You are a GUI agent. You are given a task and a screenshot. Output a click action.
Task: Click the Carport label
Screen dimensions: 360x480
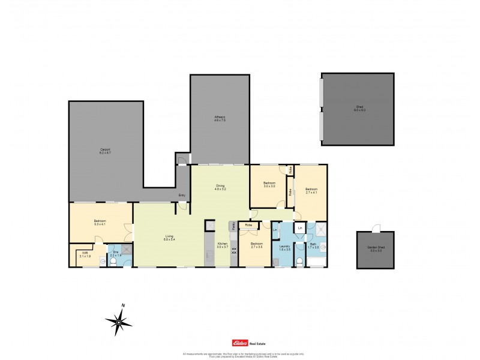pos(105,151)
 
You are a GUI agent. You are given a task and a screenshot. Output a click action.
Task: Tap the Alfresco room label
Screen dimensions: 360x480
pos(220,118)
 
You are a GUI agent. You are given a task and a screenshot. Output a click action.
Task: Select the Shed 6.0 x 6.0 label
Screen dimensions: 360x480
pos(359,109)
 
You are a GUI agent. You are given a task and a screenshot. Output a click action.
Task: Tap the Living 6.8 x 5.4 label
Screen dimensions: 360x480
pos(170,238)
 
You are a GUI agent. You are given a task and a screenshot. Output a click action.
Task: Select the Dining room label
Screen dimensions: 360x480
pos(220,187)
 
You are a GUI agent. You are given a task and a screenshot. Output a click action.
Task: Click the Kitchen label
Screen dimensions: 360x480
pos(222,245)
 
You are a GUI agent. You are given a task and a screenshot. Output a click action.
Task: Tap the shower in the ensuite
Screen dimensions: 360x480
pos(127,250)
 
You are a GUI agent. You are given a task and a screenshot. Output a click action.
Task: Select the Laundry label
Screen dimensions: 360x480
pos(285,247)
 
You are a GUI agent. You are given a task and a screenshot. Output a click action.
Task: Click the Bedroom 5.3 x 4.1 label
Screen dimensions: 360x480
pos(100,223)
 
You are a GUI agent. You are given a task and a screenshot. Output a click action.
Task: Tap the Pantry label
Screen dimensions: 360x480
pos(233,227)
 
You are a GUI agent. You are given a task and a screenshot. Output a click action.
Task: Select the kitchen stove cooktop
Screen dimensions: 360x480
pos(234,250)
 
